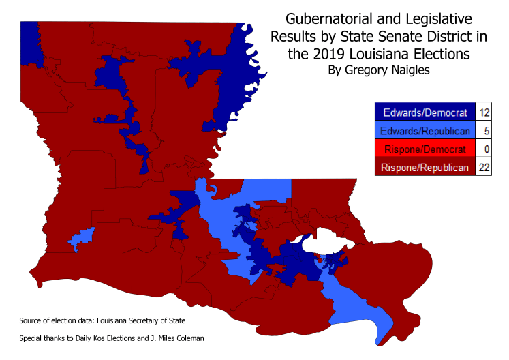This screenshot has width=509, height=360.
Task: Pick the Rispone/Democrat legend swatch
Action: (x=425, y=149)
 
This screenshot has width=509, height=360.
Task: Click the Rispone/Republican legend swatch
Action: (x=425, y=167)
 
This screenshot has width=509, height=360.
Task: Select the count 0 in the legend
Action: (x=485, y=149)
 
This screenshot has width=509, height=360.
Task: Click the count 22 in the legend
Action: (x=485, y=167)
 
